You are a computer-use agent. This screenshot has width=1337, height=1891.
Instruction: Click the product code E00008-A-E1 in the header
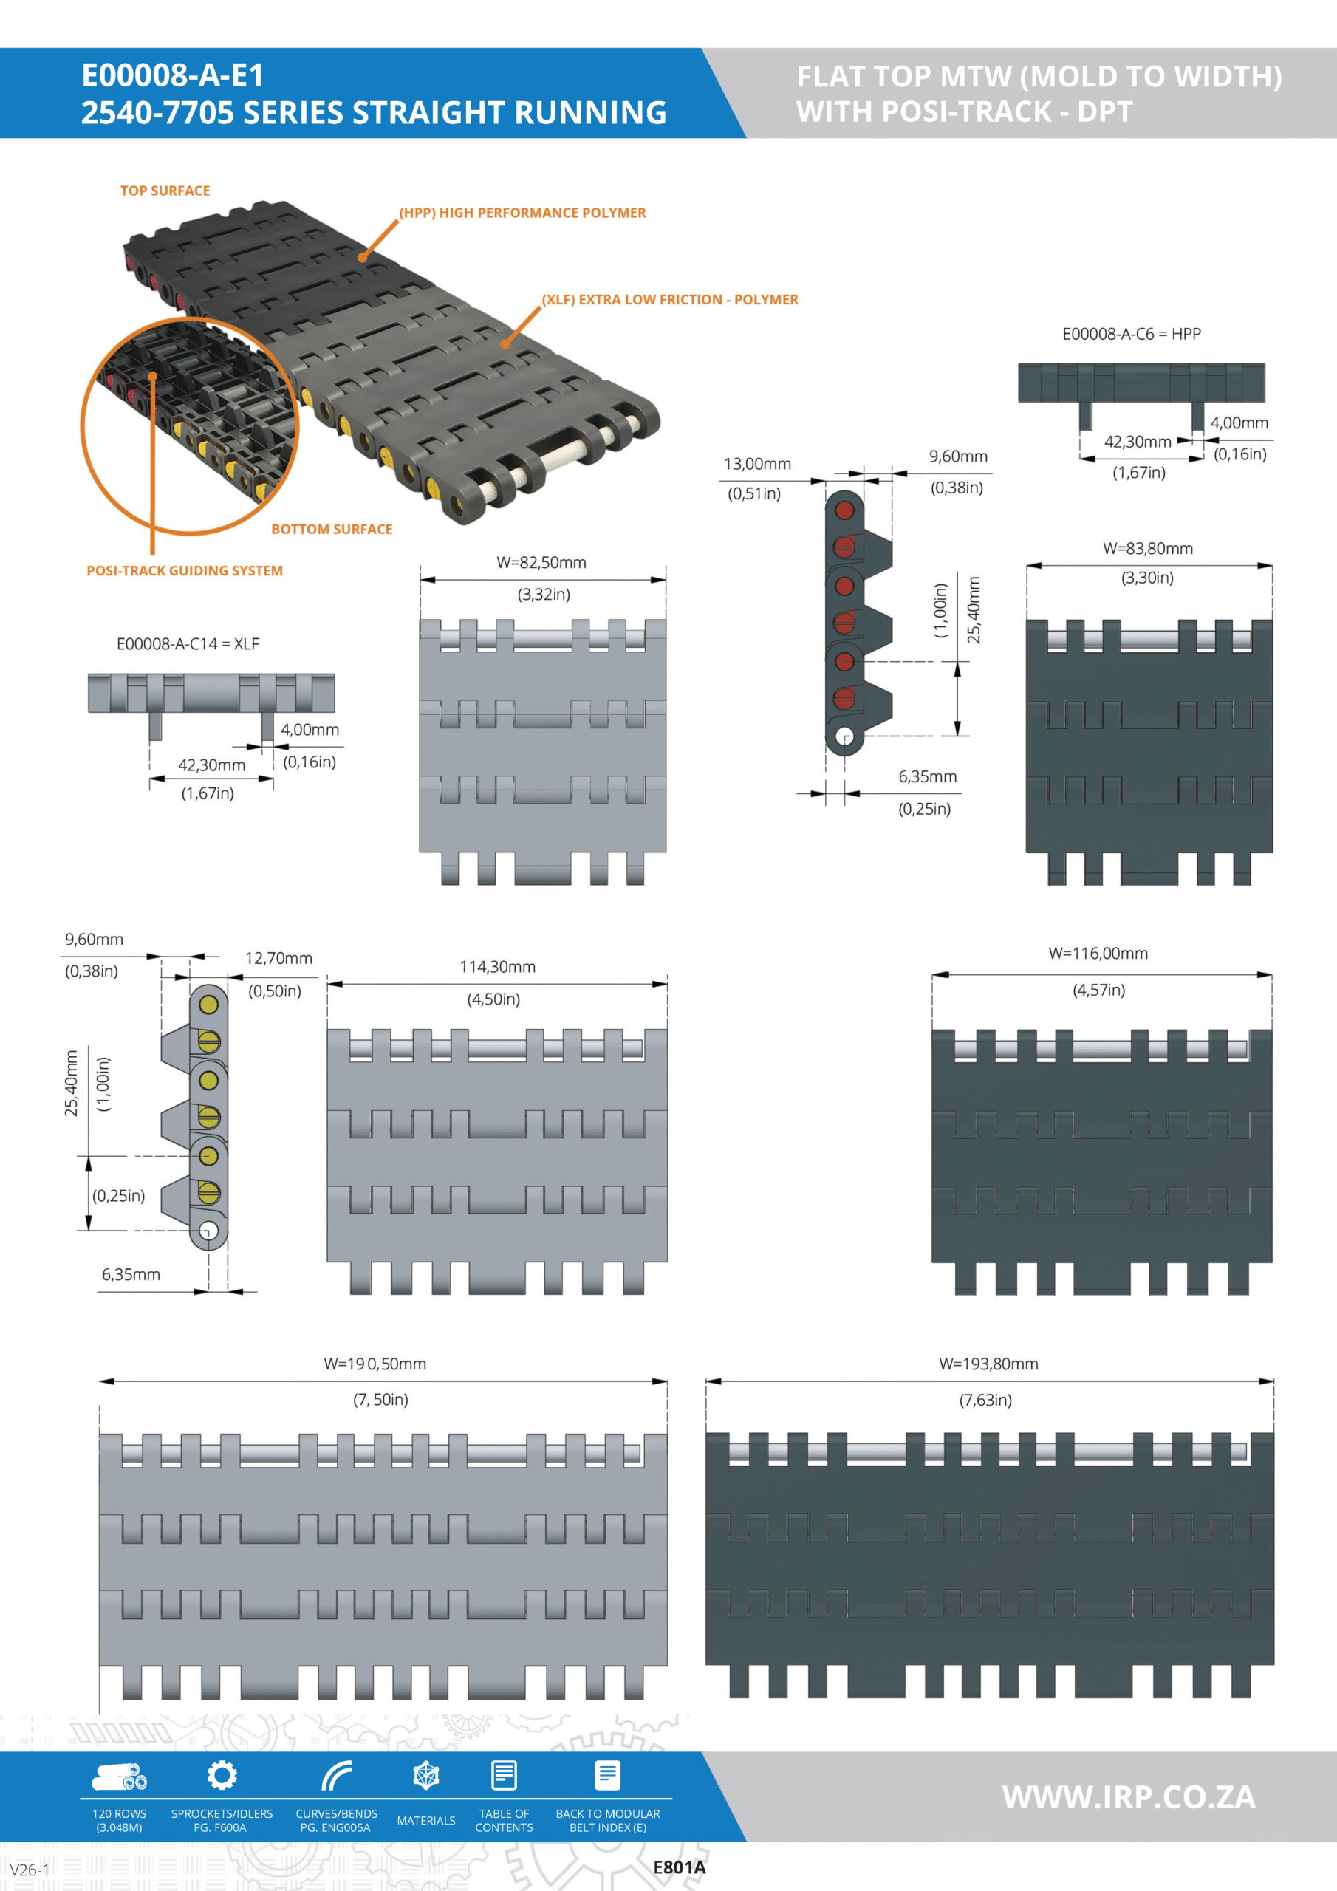[173, 76]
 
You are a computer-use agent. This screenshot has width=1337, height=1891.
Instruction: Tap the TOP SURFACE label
[165, 191]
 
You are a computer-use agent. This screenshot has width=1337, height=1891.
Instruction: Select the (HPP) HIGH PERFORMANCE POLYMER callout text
[522, 213]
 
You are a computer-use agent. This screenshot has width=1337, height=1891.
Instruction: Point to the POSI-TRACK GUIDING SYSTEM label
[185, 571]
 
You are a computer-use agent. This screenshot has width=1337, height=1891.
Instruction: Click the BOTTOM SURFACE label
[331, 529]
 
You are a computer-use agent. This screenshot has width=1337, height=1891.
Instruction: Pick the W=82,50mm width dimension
[541, 563]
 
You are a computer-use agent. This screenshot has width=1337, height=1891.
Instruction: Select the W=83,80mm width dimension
[1147, 549]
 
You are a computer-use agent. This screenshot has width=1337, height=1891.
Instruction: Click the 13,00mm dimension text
[757, 464]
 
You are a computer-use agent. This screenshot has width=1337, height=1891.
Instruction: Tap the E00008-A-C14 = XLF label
[188, 643]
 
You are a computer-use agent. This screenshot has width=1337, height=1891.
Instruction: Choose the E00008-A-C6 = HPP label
[1131, 334]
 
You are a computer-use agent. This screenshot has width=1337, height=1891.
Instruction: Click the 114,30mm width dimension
[498, 967]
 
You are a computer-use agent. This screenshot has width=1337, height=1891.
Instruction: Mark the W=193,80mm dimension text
[988, 1364]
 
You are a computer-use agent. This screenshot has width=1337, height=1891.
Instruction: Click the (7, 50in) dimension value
[380, 1399]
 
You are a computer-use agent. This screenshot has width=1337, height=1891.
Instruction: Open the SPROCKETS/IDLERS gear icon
[222, 1775]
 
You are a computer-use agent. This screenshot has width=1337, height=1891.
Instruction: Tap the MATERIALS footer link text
[426, 1820]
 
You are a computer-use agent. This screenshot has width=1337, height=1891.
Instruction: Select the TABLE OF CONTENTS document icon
[505, 1775]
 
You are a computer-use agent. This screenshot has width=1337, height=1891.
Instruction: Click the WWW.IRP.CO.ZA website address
[1129, 1796]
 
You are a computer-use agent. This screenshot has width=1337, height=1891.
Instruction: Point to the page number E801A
[679, 1868]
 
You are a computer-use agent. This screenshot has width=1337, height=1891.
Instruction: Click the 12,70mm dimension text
[278, 958]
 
